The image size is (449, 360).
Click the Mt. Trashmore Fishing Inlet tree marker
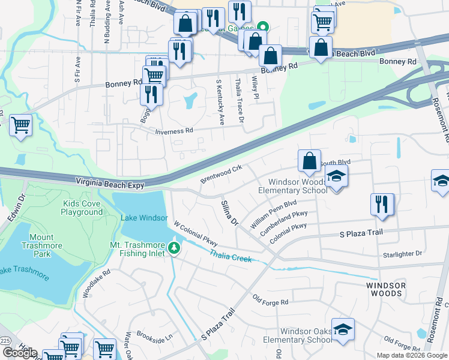pyautogui.click(x=174, y=248)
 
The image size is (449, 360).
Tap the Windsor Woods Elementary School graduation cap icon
pyautogui.click(x=336, y=177)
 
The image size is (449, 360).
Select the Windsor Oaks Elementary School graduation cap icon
pyautogui.click(x=343, y=329)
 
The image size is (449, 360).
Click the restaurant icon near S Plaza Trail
pyautogui.click(x=382, y=205)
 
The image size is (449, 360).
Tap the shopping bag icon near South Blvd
pyautogui.click(x=309, y=161)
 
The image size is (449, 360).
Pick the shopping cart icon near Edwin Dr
pyautogui.click(x=21, y=125)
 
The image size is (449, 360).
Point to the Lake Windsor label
pyautogui.click(x=143, y=218)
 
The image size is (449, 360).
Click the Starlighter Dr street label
pyautogui.click(x=403, y=254)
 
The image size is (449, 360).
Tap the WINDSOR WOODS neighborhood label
pyautogui.click(x=384, y=289)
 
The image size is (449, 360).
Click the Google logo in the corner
pyautogui.click(x=20, y=353)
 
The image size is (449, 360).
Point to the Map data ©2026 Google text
pyautogui.click(x=412, y=355)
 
